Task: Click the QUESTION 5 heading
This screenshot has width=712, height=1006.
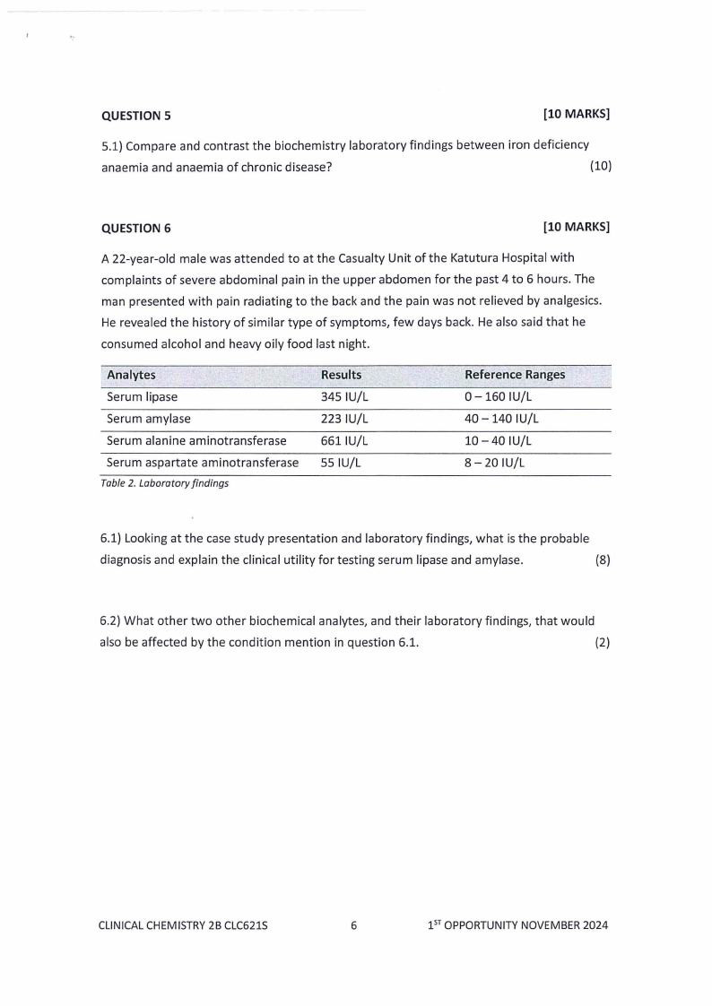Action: pos(136,116)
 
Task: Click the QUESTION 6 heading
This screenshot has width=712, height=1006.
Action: pos(136,228)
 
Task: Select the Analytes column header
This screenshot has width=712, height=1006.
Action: pos(131,375)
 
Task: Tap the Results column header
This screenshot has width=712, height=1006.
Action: pos(341,375)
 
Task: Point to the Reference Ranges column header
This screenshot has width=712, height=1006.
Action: pos(514,375)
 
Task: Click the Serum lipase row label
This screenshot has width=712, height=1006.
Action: pos(142,396)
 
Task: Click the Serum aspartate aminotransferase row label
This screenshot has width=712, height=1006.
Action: pos(202,463)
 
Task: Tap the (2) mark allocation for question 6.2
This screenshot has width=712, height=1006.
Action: pos(603,642)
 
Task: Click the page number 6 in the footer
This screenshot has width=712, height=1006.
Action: pos(354,925)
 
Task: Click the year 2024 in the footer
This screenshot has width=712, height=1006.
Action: pos(593,925)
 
